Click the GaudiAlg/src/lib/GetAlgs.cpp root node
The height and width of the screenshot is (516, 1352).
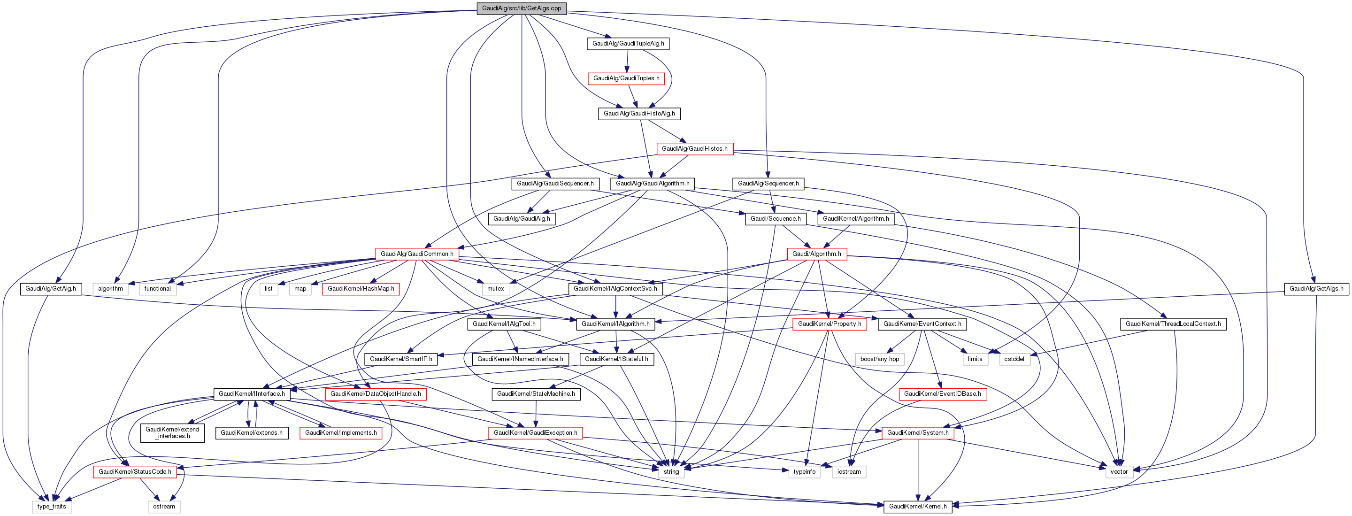tap(521, 8)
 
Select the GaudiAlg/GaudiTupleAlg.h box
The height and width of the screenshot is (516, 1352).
tap(628, 44)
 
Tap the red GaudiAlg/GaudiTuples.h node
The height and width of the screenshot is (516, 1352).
tap(626, 79)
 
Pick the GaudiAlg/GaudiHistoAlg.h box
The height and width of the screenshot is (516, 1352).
tap(639, 113)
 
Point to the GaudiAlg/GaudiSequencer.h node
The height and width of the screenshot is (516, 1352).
tap(555, 184)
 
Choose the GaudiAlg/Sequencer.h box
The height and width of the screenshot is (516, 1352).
tap(768, 184)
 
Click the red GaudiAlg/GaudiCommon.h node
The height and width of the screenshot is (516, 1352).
tap(417, 254)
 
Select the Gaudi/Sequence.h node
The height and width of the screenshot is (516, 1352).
tap(775, 219)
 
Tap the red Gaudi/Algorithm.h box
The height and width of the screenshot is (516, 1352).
tap(816, 254)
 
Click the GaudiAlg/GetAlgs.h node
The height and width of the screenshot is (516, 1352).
tap(1316, 289)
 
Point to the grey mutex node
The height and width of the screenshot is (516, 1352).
tap(495, 289)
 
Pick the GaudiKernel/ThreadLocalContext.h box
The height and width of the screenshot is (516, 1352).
tap(1173, 324)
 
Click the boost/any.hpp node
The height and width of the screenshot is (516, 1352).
tap(879, 359)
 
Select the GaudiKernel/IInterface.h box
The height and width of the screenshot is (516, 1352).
tap(252, 394)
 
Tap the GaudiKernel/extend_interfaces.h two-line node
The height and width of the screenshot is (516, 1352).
tap(172, 432)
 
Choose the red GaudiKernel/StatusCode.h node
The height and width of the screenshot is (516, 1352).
tap(135, 472)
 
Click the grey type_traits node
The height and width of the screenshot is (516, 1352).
tap(52, 507)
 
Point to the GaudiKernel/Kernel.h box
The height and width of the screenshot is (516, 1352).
tap(917, 507)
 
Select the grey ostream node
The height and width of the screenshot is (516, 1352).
tap(164, 507)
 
